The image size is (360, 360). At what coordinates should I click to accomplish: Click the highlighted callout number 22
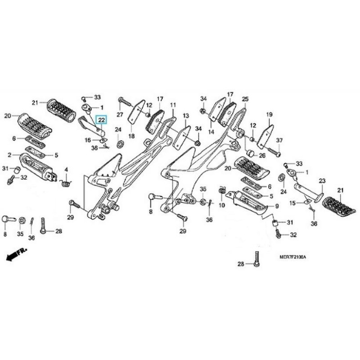102,120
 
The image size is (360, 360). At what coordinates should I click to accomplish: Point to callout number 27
120,115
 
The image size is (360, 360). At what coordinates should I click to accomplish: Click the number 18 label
131,136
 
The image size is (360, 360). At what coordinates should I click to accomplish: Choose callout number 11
172,105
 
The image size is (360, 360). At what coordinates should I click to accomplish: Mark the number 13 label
185,116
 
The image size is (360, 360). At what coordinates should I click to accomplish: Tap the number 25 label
245,99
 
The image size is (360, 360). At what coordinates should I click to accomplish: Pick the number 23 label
322,181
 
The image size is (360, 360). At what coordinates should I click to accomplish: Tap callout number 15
293,203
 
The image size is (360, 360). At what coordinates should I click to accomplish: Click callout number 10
221,205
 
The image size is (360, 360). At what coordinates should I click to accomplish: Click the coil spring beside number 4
66,182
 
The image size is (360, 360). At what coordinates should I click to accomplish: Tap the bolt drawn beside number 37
270,151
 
